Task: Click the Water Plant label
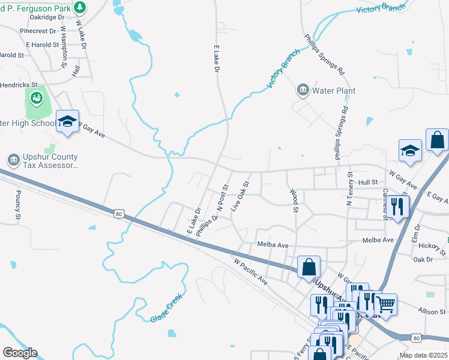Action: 334,91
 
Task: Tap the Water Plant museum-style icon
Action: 303,91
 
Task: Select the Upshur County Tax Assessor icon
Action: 13,160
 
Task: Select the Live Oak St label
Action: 240,196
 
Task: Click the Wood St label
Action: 294,201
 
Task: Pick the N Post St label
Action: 223,198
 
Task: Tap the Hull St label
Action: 367,181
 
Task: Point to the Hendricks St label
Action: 18,85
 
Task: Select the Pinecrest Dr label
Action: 37,31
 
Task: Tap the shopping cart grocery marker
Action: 385,304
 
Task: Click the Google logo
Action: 20,353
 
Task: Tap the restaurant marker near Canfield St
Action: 398,206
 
